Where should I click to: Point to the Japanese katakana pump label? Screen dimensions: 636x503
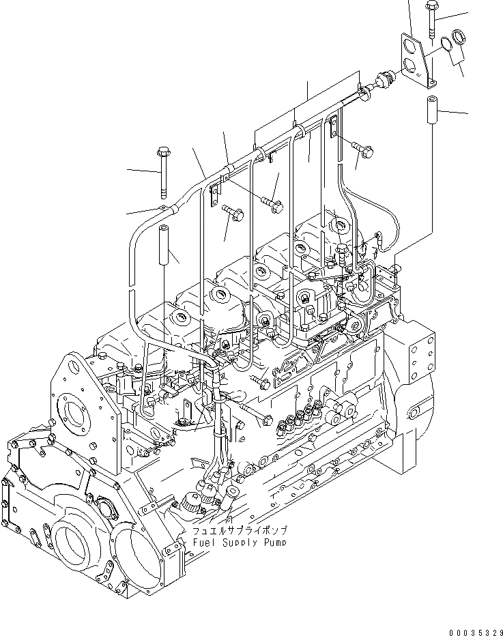239,530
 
